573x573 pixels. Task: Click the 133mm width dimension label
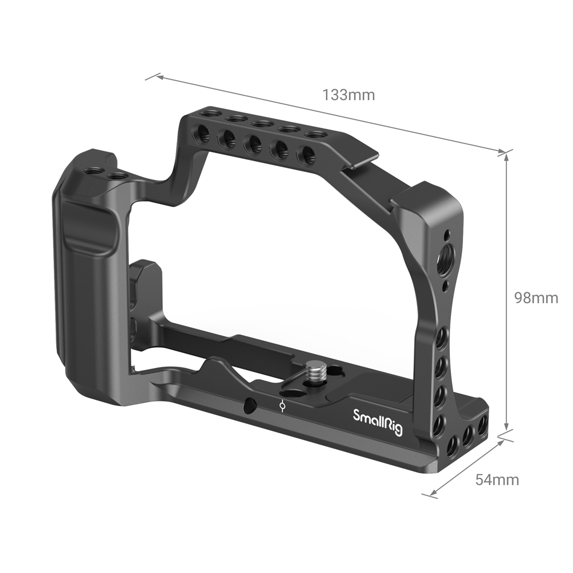coord(348,95)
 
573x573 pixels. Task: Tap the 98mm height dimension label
coord(536,298)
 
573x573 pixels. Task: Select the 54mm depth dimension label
coord(497,480)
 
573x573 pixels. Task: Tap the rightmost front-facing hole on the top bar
coord(308,155)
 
